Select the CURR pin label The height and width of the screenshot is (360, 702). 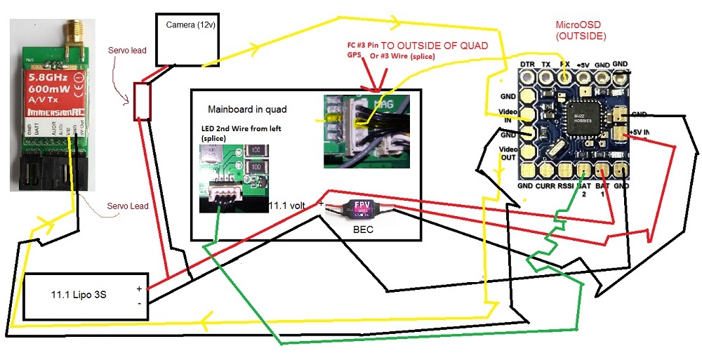pyautogui.click(x=545, y=186)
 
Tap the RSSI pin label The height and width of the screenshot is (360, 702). pyautogui.click(x=565, y=186)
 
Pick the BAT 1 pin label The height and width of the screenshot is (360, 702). pyautogui.click(x=602, y=189)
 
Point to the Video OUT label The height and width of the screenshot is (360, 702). pyautogui.click(x=507, y=154)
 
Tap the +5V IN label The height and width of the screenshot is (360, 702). pyautogui.click(x=641, y=132)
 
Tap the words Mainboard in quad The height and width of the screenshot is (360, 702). pyautogui.click(x=246, y=109)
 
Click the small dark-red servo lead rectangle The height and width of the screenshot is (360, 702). pyautogui.click(x=142, y=101)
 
